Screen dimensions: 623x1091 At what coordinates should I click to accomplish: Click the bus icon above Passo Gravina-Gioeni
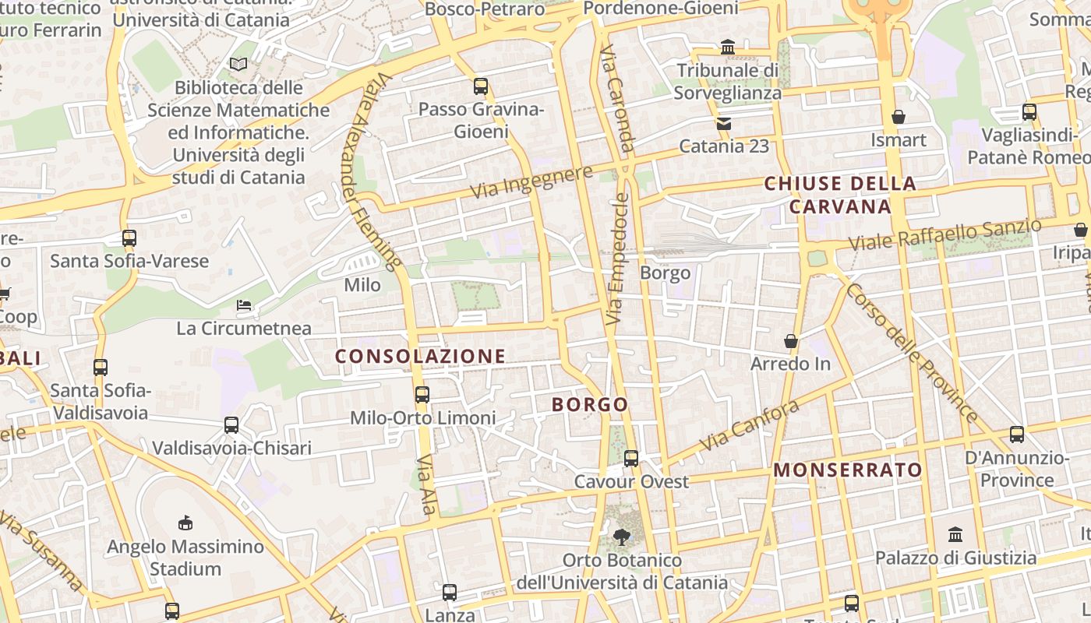[x=481, y=86]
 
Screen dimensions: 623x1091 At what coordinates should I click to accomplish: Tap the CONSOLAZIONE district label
[x=421, y=357]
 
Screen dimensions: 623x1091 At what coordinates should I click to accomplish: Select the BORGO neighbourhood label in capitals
[x=590, y=405]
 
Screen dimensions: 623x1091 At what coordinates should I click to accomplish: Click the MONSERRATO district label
[x=848, y=470]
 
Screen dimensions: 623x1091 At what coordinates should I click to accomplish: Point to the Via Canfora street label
[x=749, y=426]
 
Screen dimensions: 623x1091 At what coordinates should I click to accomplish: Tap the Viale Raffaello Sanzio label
[x=944, y=234]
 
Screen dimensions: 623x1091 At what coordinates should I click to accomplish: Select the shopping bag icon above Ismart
[x=899, y=117]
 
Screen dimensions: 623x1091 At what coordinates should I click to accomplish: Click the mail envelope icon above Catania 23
[x=724, y=123]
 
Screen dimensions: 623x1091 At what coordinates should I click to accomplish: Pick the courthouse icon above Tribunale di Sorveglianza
[x=728, y=48]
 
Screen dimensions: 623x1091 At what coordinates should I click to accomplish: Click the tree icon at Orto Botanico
[x=621, y=537]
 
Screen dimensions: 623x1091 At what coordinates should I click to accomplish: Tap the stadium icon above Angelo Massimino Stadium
[x=185, y=523]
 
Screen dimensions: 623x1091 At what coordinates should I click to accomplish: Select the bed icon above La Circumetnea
[x=244, y=305]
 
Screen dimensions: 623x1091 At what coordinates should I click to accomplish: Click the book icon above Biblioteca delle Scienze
[x=238, y=64]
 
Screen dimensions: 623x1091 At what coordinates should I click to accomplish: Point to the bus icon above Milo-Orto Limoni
[x=422, y=395]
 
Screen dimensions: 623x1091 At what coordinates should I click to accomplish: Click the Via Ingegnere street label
[x=532, y=182]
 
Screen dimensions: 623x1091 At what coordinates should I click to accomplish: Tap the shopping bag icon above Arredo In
[x=791, y=341]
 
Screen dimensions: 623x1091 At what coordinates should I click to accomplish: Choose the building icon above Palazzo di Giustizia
[x=955, y=534]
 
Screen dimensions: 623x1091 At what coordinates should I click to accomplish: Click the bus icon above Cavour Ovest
[x=631, y=459]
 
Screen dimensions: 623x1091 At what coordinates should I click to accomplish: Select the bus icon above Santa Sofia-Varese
[x=129, y=238]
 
